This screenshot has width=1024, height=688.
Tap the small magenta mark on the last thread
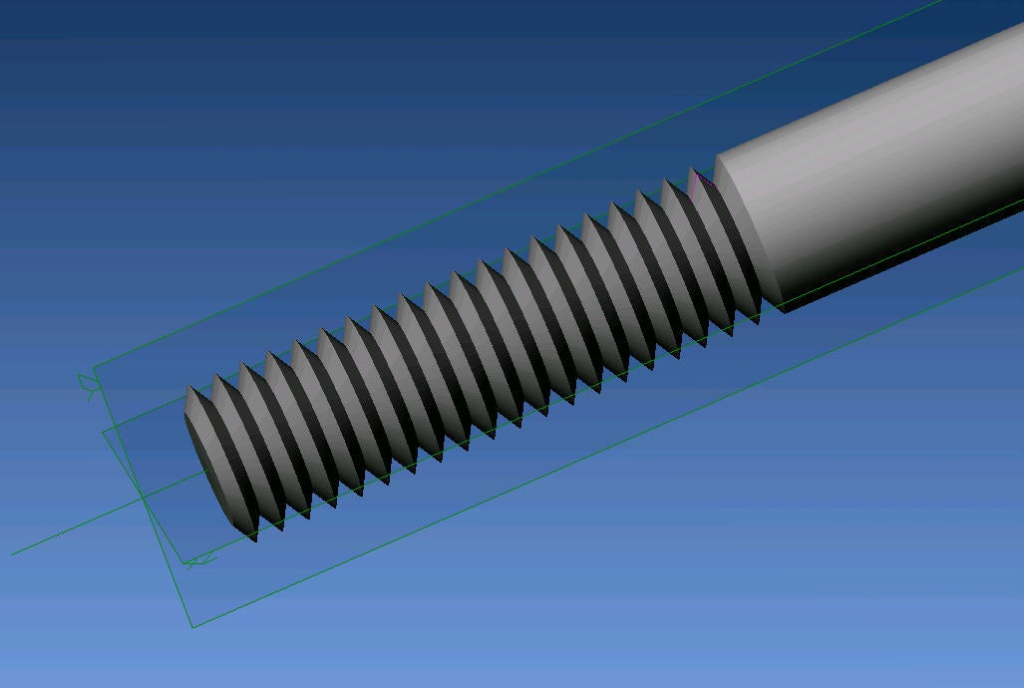[x=701, y=178]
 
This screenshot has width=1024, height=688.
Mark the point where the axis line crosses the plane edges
[x=141, y=497]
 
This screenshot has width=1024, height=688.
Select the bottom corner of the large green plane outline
[x=191, y=627]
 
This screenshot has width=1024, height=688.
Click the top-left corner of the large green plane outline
[x=93, y=367]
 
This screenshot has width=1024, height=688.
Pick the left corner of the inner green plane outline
[x=104, y=431]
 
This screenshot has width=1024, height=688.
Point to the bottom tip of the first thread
[x=255, y=539]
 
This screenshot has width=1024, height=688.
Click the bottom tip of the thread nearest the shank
[x=758, y=321]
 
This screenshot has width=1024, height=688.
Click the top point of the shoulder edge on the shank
[x=717, y=158]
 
